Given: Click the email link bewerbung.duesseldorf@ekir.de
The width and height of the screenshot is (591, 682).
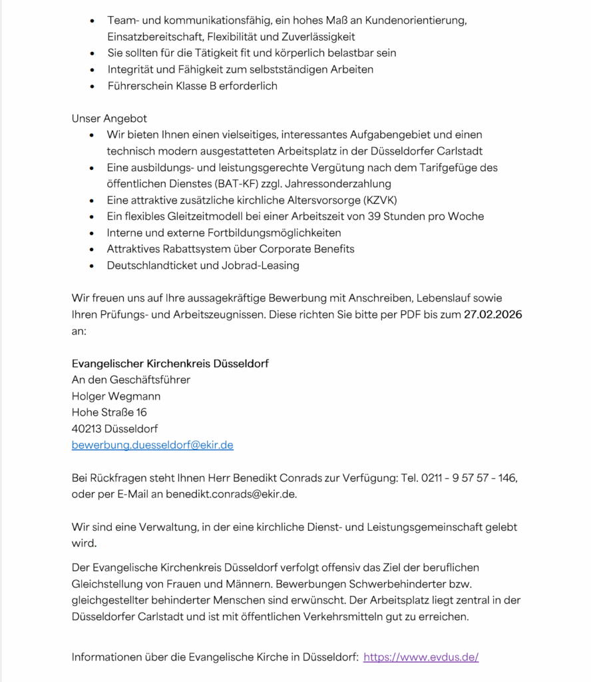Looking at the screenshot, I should click(x=152, y=445).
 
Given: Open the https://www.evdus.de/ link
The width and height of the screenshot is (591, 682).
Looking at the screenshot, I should click(x=421, y=657).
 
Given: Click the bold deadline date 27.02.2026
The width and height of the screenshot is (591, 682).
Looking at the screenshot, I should click(x=492, y=315).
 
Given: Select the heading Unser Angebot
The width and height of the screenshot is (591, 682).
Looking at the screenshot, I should click(x=109, y=119).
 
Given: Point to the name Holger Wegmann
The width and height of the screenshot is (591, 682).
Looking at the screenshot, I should click(x=116, y=396).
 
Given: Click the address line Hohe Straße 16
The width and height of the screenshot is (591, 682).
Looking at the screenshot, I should click(x=109, y=412).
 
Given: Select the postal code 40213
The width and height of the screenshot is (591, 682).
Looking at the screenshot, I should click(x=86, y=429).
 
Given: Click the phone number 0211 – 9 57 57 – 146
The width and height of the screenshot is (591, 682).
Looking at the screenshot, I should click(x=469, y=478).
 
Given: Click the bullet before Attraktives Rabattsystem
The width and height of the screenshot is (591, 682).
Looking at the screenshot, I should click(x=92, y=249).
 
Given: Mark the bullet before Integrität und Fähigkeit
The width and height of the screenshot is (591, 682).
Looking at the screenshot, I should click(x=92, y=69).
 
